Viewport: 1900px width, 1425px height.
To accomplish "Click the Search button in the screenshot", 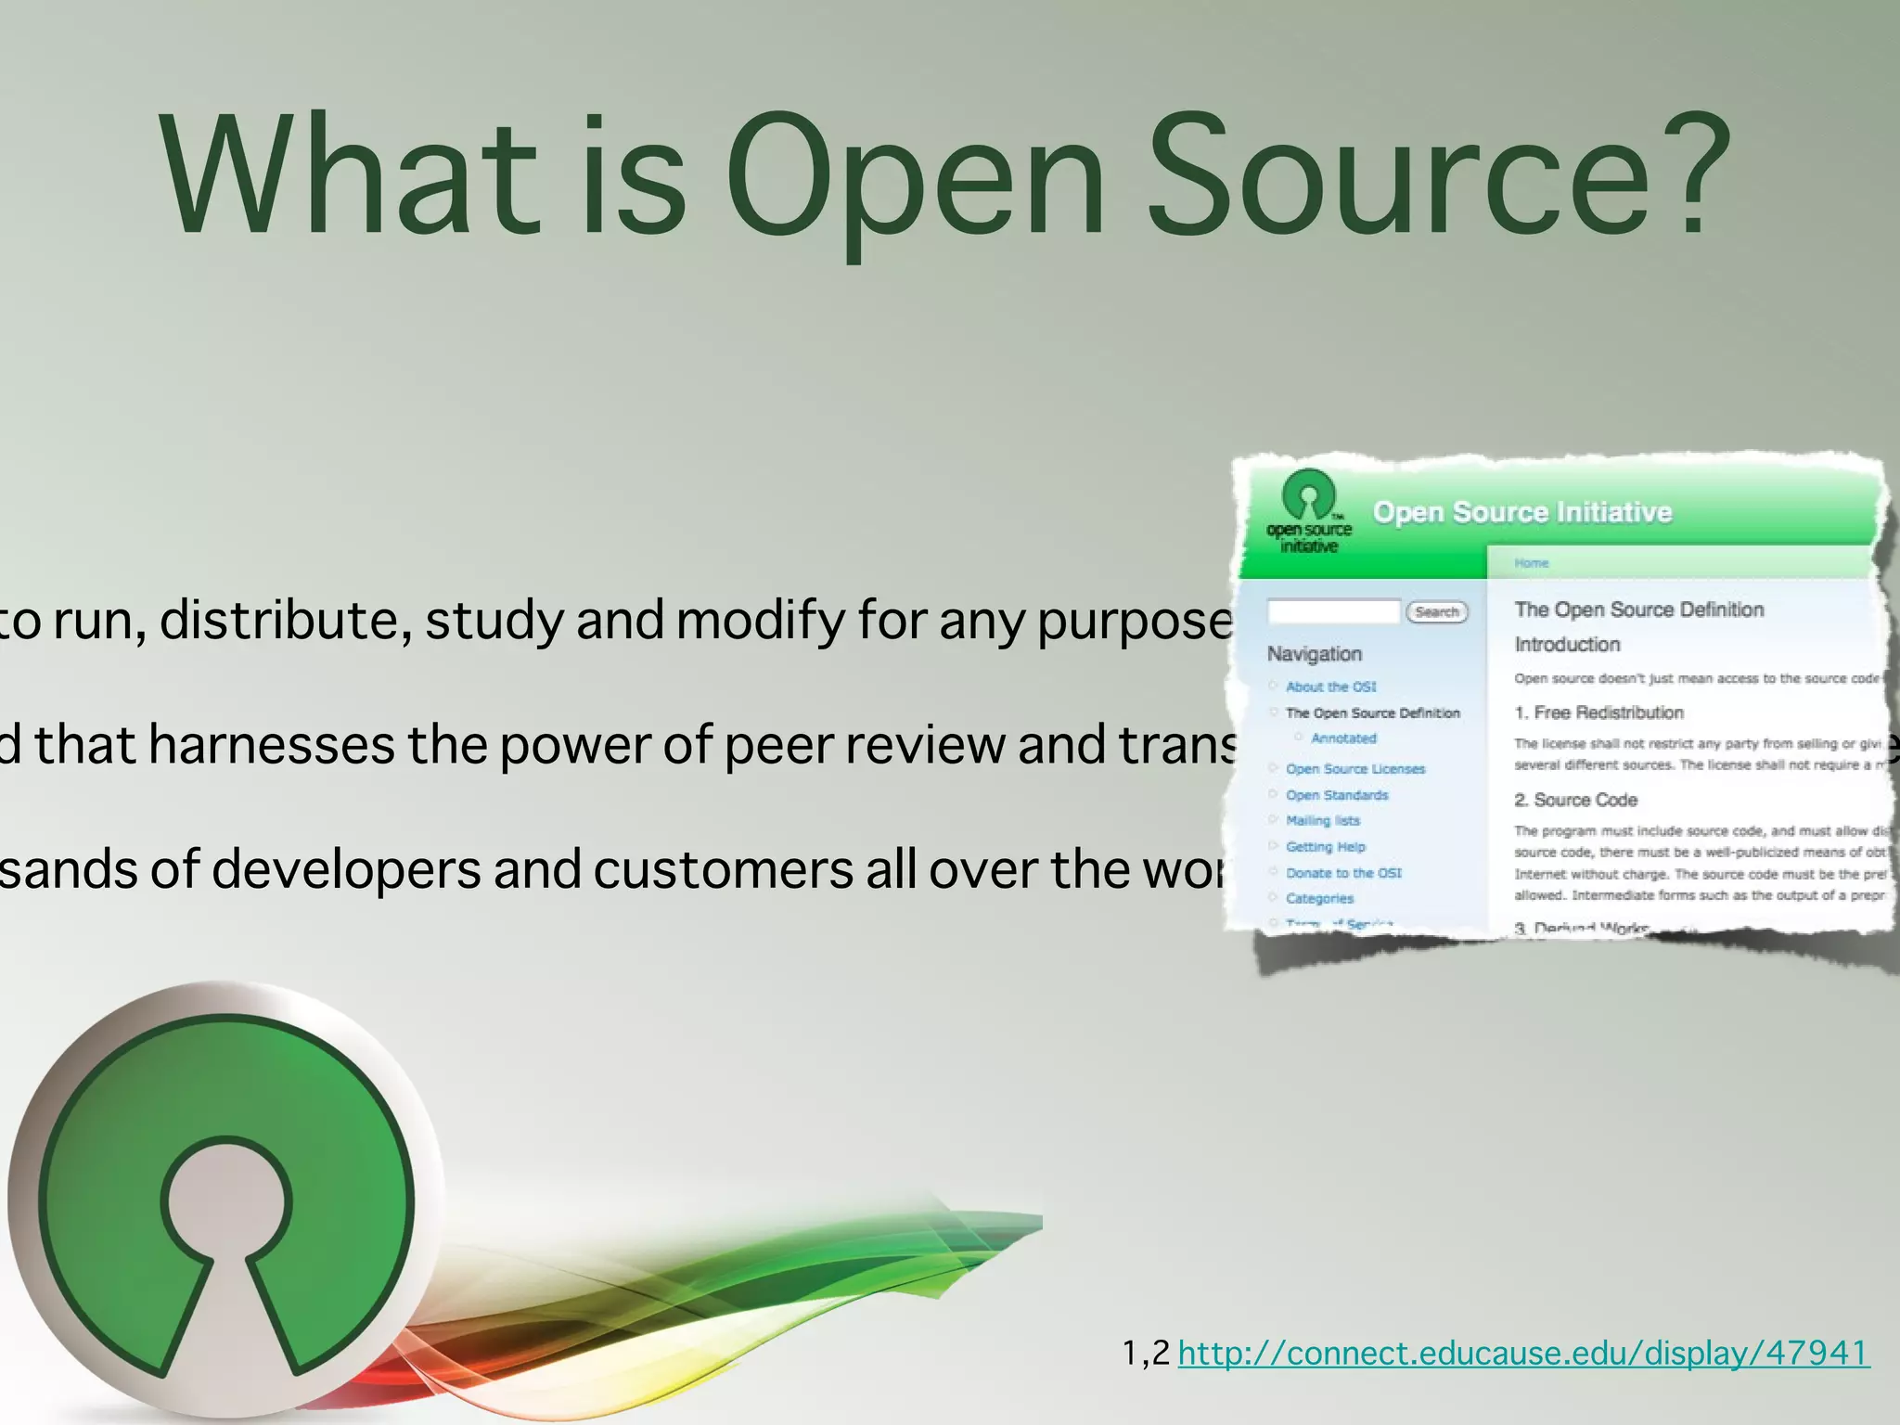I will coord(1437,612).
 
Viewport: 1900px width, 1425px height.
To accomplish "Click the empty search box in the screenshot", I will coord(1333,611).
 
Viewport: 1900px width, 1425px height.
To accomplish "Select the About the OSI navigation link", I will coord(1330,687).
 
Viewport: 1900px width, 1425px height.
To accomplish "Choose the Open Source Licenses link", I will coord(1354,769).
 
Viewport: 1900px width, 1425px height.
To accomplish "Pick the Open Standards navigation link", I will coord(1337,795).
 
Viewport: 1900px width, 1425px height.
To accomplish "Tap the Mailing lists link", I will coord(1322,820).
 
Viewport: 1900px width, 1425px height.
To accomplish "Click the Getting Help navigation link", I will coord(1325,846).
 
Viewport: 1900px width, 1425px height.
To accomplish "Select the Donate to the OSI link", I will coord(1342,873).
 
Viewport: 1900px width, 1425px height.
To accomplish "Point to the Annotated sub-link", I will coord(1343,738).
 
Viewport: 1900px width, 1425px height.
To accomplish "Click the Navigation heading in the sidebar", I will coord(1314,654).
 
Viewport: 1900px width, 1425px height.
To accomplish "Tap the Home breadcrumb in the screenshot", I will coord(1532,563).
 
